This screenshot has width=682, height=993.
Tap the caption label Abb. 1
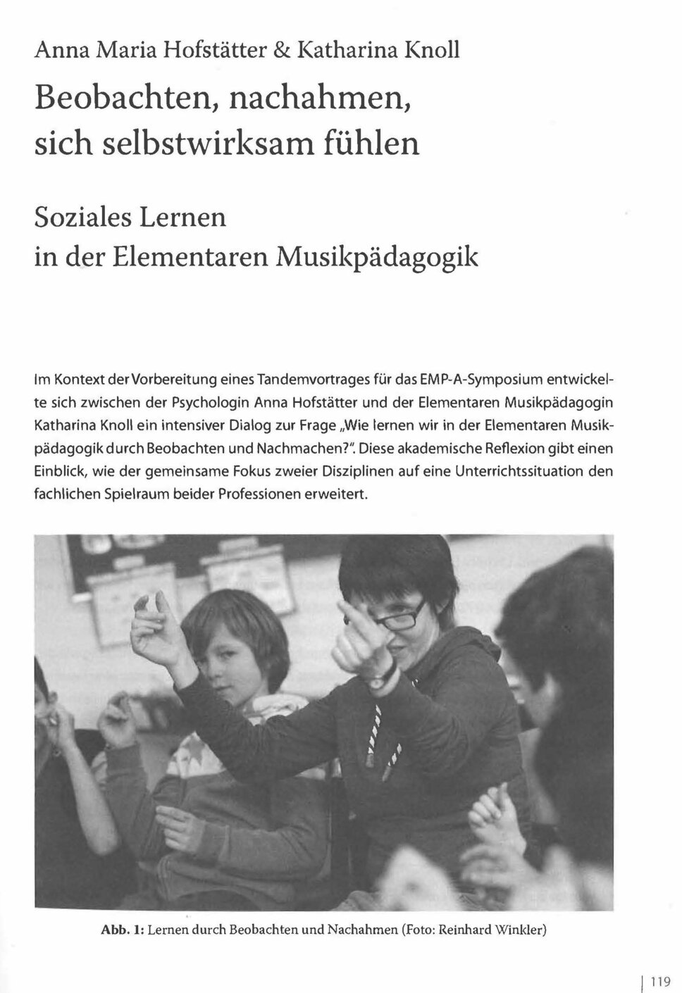point(123,929)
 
